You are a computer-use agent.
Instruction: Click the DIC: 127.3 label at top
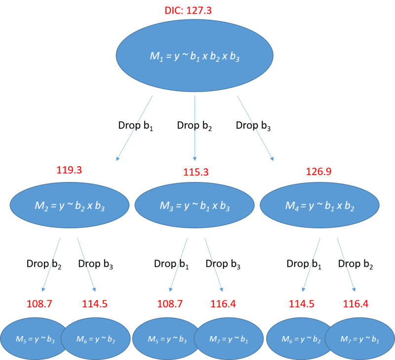pos(188,10)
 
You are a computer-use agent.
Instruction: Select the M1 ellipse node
pos(195,56)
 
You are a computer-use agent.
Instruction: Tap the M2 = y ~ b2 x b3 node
pos(70,205)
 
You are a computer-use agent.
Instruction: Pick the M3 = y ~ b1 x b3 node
pos(195,205)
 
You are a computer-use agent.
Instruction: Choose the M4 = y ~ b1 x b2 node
pos(319,205)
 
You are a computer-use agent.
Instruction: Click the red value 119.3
pos(69,170)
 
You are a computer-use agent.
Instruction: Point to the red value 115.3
pos(196,173)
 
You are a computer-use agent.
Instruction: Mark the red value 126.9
pos(318,172)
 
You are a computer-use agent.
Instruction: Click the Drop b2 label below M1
pos(195,126)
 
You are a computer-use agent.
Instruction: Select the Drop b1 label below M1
pos(135,126)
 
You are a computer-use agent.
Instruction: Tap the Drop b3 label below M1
pos(253,126)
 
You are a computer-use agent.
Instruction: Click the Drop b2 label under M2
pos(44,264)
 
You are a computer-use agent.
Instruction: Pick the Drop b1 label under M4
pos(304,264)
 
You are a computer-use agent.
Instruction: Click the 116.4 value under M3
pos(223,304)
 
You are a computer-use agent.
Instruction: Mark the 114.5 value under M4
pos(301,304)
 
